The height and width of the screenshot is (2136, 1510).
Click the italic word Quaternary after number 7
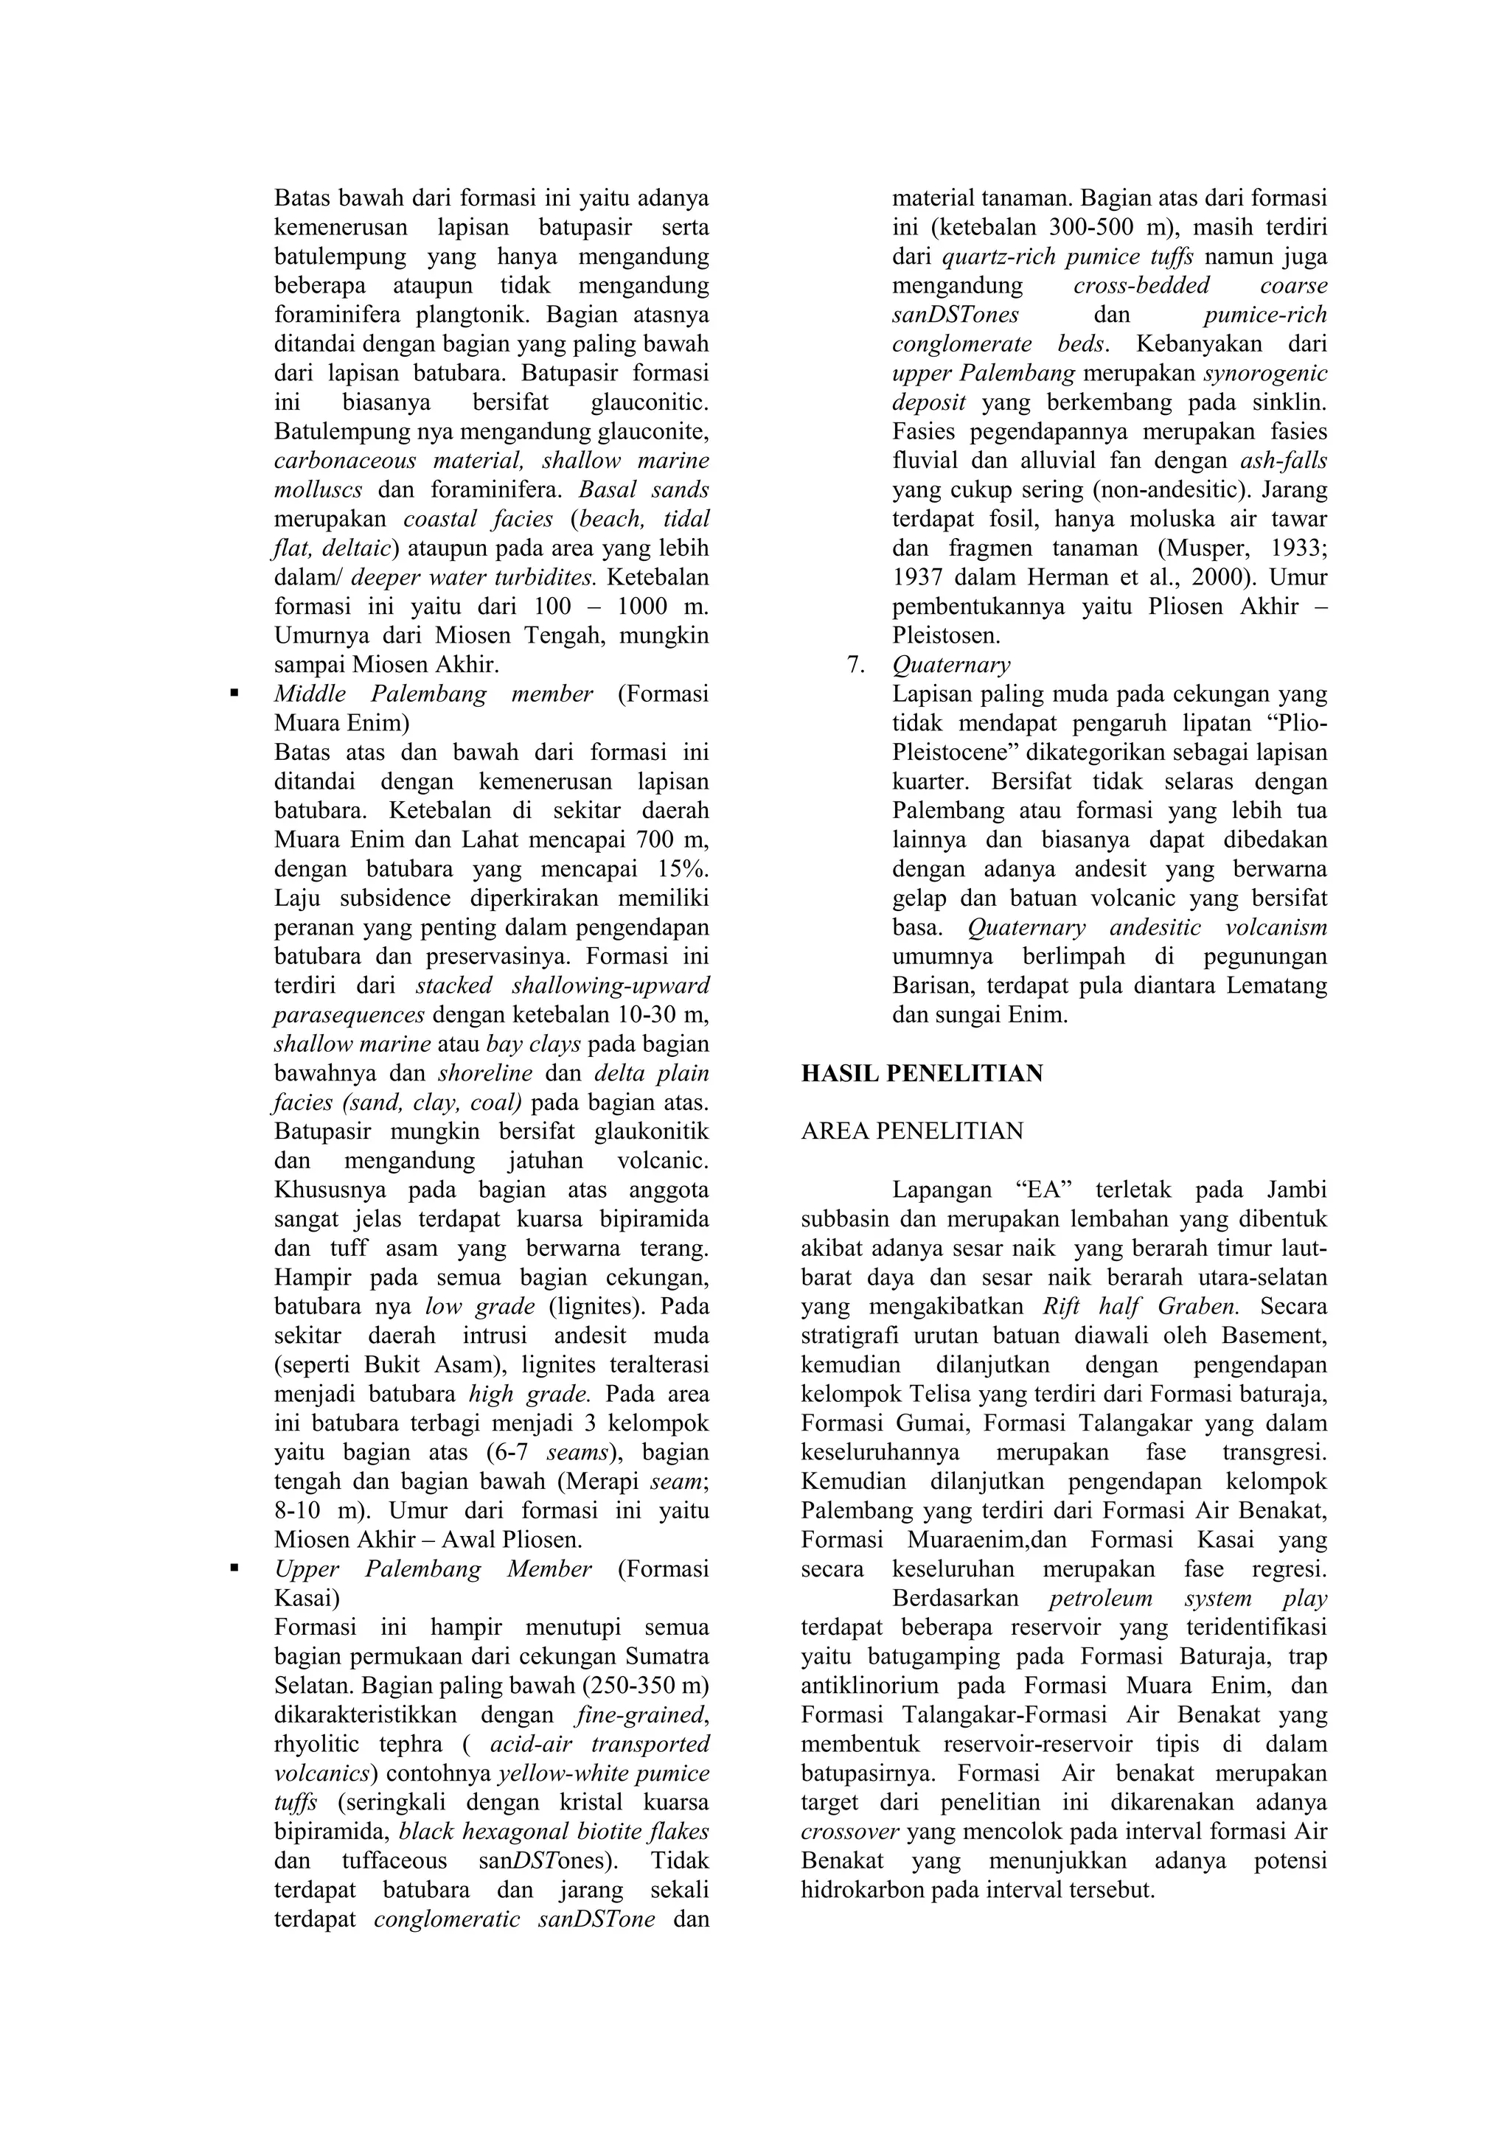point(950,664)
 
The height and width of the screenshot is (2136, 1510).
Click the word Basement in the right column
point(1275,1335)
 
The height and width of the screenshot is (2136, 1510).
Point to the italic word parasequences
point(349,1014)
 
